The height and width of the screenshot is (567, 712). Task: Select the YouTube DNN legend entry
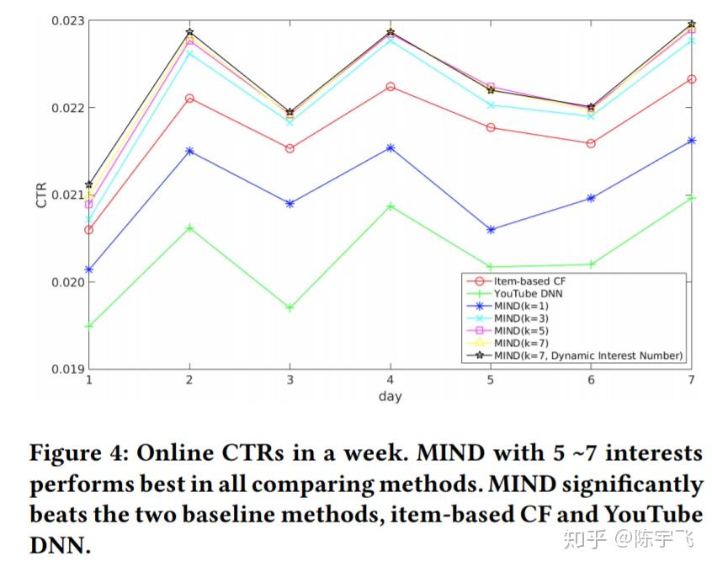(x=528, y=293)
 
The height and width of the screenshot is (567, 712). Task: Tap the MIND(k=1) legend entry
(x=520, y=306)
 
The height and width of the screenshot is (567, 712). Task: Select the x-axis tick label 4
(x=391, y=380)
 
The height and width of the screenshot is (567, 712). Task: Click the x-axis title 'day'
(x=391, y=396)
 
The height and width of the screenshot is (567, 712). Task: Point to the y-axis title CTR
(x=41, y=195)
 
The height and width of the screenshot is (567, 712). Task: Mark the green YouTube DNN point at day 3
(x=290, y=308)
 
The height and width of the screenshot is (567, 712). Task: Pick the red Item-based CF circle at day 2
(x=189, y=99)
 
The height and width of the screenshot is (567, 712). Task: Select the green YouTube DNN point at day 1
(x=89, y=325)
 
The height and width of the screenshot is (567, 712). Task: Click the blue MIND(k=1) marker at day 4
(x=391, y=147)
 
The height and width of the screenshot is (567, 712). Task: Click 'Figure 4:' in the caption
(x=77, y=454)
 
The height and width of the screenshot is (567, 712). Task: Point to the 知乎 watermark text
(x=583, y=538)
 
